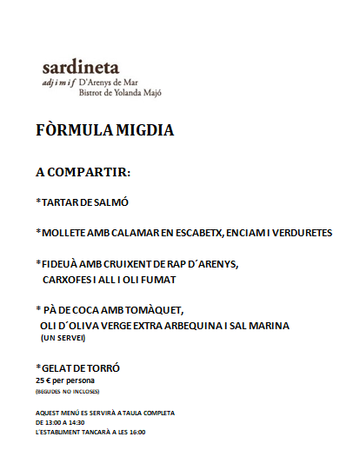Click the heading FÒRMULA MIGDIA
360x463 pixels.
tap(105, 131)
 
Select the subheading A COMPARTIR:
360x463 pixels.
tap(83, 172)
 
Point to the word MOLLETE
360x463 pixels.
tap(66, 233)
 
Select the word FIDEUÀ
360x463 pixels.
tap(62, 263)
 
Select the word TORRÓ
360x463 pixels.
tap(100, 368)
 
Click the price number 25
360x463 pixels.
tap(40, 380)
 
